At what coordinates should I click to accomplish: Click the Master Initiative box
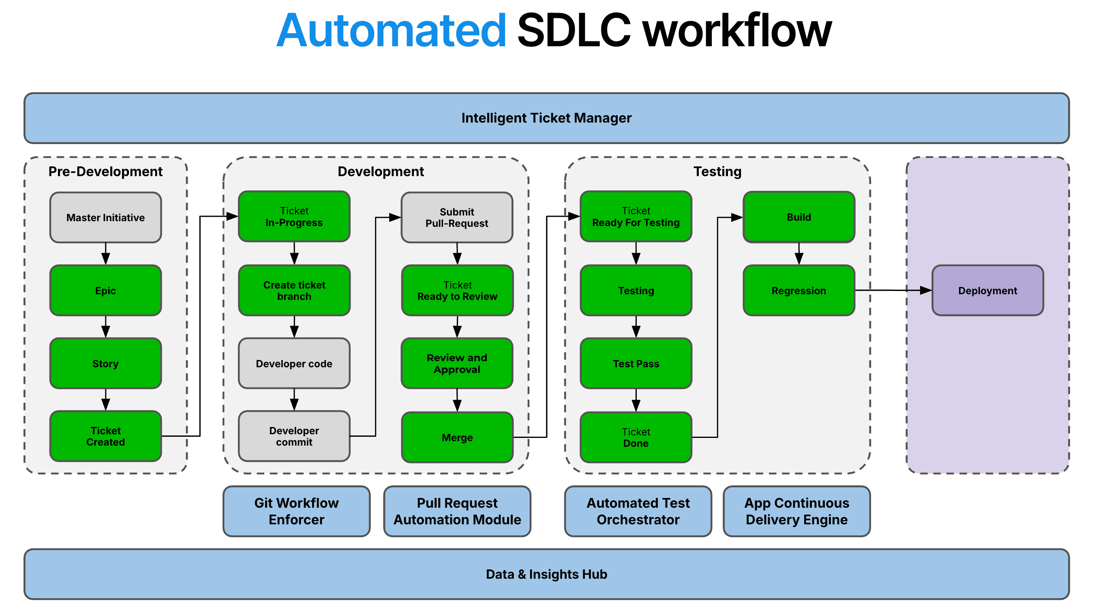[x=105, y=218]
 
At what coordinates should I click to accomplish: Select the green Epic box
[x=105, y=291]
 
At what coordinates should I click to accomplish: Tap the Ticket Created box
[x=105, y=437]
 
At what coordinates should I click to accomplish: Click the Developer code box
[x=294, y=364]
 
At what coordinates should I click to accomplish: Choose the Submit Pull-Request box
[x=457, y=218]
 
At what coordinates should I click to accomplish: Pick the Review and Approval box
[x=457, y=364]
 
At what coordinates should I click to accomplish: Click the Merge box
[x=457, y=437]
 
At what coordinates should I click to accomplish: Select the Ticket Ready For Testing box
[x=636, y=217]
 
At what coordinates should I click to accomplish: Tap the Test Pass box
[x=636, y=364]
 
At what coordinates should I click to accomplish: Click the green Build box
[x=799, y=217]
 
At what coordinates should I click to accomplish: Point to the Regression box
[x=799, y=291]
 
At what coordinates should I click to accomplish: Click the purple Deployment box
[x=987, y=291]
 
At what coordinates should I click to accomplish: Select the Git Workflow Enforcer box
[x=297, y=511]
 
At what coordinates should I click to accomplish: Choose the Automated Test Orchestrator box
[x=638, y=511]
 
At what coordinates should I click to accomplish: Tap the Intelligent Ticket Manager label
[x=546, y=118]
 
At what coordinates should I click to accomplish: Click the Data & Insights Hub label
[x=546, y=575]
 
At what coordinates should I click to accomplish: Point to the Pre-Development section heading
[x=105, y=171]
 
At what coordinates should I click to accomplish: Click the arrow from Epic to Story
[x=105, y=327]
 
